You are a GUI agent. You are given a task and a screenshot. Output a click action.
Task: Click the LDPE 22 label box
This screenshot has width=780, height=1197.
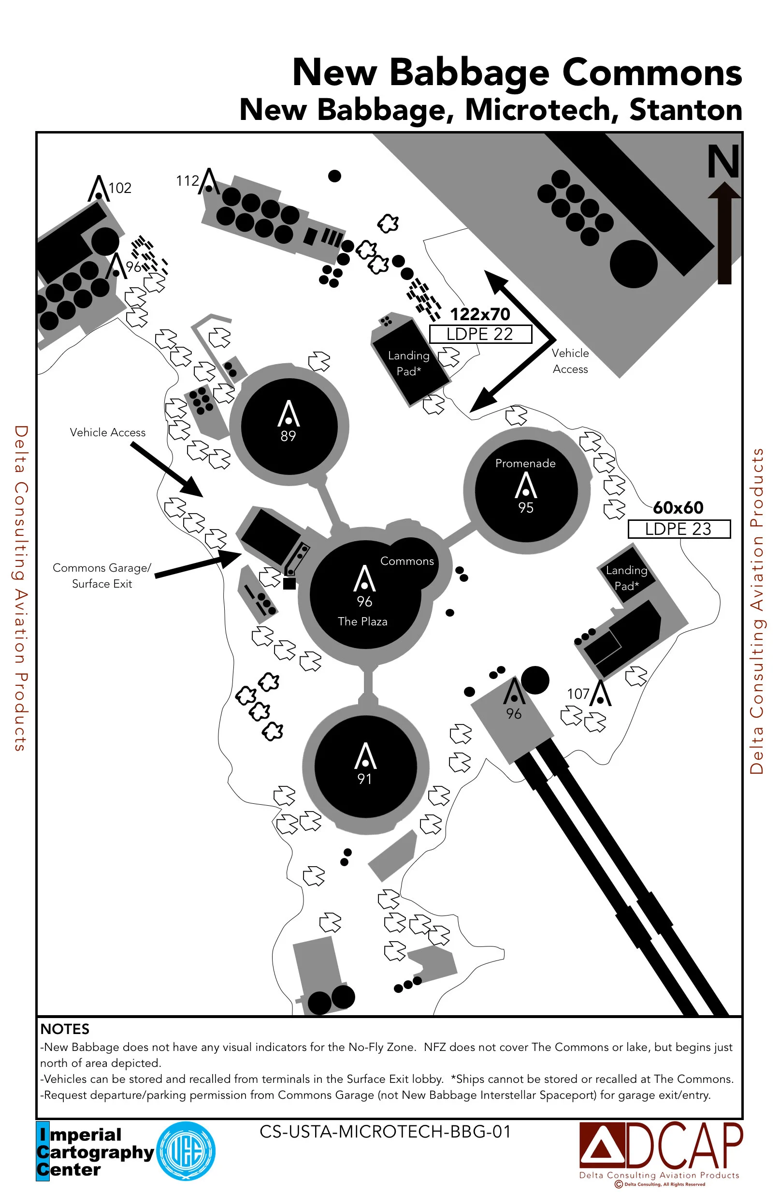click(x=480, y=334)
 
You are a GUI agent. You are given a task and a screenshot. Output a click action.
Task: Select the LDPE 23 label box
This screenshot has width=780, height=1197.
click(x=679, y=529)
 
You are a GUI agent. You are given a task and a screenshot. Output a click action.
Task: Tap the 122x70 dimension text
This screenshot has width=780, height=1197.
click(x=480, y=314)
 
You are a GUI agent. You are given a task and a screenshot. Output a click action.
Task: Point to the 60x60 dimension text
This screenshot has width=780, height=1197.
click(x=678, y=507)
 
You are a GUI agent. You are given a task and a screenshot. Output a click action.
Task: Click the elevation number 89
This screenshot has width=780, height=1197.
click(x=288, y=436)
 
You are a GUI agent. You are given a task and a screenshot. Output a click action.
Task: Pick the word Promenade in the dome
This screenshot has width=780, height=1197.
click(x=525, y=463)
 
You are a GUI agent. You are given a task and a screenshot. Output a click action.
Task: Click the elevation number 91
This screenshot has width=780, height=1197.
click(x=364, y=779)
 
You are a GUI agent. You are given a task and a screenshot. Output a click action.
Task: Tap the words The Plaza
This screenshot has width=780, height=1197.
click(x=362, y=621)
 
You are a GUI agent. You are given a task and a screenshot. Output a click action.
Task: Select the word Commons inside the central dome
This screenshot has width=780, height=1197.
click(x=406, y=561)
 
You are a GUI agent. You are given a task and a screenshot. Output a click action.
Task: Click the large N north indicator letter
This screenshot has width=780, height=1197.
click(x=723, y=162)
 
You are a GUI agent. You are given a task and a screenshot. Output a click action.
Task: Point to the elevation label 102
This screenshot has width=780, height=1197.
click(x=120, y=188)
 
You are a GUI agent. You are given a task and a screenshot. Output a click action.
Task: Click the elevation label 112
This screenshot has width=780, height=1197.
click(x=188, y=180)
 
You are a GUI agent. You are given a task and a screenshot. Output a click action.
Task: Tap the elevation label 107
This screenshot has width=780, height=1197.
click(x=578, y=694)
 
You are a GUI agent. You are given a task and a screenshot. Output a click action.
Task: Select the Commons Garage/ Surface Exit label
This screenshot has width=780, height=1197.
click(x=102, y=576)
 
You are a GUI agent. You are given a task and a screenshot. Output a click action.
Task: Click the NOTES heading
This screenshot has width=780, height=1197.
click(x=65, y=1029)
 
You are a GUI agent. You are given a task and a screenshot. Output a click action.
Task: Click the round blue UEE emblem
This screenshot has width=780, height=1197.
click(x=186, y=1151)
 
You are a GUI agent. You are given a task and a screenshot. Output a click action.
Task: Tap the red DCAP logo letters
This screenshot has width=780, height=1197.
click(x=683, y=1146)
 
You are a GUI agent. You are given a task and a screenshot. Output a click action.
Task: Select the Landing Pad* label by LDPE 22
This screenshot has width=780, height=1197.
click(x=408, y=363)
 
